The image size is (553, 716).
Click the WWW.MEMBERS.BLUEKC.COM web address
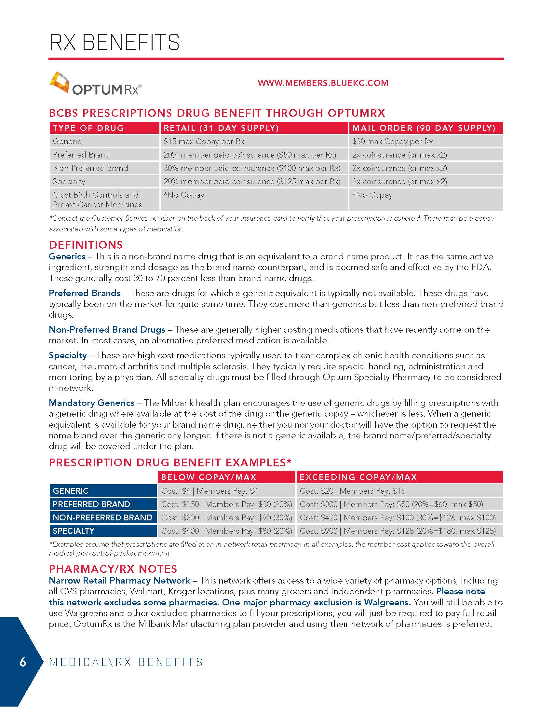323,83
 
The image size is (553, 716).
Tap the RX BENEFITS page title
114,42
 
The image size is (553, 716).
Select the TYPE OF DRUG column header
88,128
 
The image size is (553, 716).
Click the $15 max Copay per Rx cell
204,142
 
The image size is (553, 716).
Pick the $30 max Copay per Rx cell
392,142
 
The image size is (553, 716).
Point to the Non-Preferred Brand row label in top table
90,168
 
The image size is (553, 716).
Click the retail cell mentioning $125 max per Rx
251,181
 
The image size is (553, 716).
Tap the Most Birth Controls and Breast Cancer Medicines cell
97,199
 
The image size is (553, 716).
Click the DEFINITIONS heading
86,244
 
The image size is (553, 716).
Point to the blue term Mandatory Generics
91,403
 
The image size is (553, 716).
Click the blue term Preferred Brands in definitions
85,293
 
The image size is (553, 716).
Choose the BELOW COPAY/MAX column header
209,477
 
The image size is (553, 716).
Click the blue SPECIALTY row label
74,531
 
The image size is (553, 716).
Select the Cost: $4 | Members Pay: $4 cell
209,491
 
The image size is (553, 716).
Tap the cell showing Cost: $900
398,531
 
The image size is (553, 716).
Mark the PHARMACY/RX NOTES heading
113,569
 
